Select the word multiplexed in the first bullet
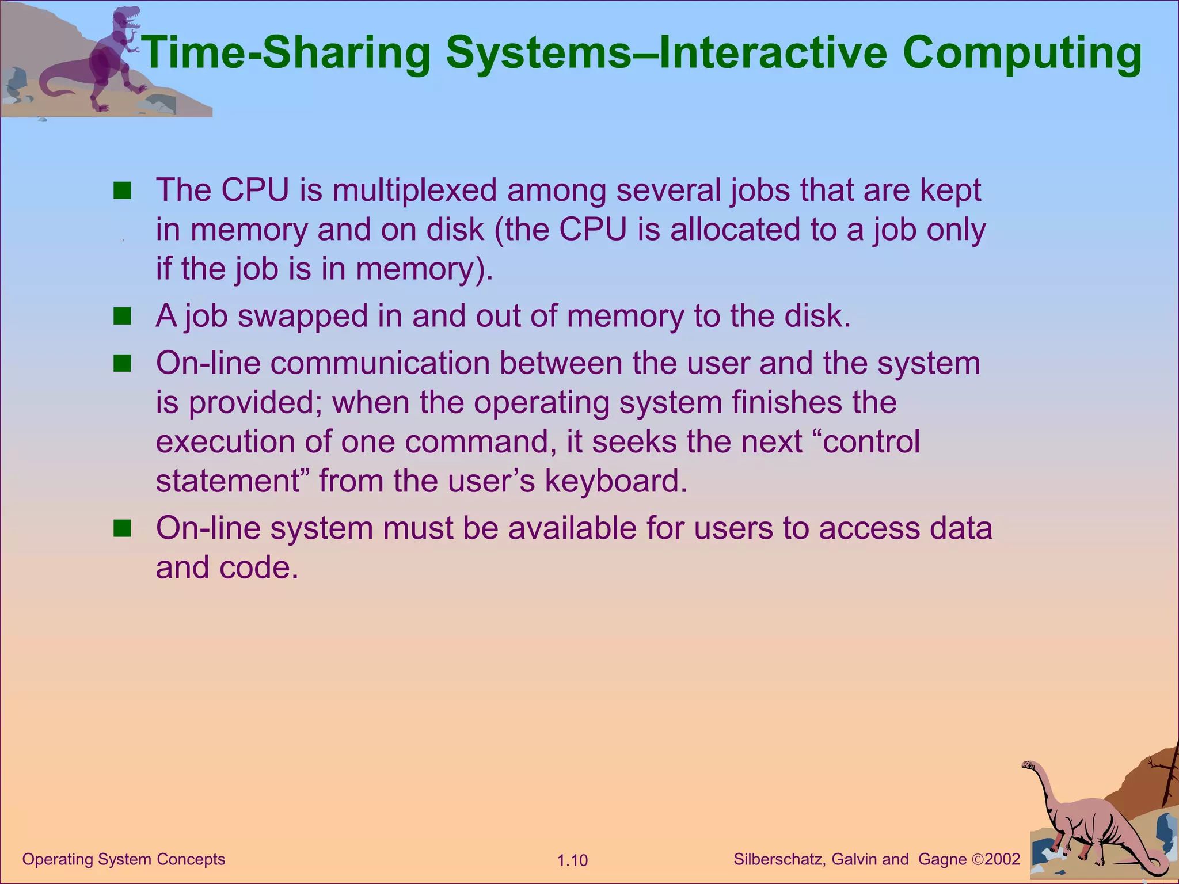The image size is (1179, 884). pyautogui.click(x=414, y=190)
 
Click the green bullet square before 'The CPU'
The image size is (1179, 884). pyautogui.click(x=122, y=190)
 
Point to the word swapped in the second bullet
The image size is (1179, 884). pyautogui.click(x=302, y=317)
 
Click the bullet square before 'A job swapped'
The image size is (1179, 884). pyautogui.click(x=122, y=316)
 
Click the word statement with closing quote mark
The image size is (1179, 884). pyautogui.click(x=233, y=481)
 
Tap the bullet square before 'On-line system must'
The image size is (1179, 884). pyautogui.click(x=122, y=528)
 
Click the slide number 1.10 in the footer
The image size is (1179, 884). pyautogui.click(x=572, y=860)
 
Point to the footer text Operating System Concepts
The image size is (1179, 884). pyautogui.click(x=123, y=859)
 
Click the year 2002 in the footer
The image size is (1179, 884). pyautogui.click(x=1002, y=859)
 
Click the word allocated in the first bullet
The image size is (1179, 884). pyautogui.click(x=736, y=230)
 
